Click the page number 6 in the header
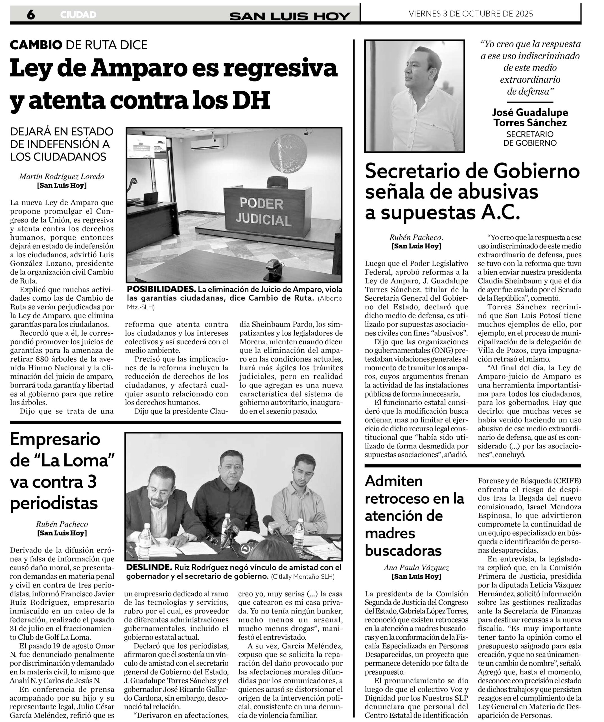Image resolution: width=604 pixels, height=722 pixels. [31, 14]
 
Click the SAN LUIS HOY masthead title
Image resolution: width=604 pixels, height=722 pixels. [290, 16]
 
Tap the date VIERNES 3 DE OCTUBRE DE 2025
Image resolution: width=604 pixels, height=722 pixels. [471, 14]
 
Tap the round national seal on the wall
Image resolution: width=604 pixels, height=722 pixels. [288, 153]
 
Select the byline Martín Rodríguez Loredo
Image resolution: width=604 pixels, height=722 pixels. [62, 177]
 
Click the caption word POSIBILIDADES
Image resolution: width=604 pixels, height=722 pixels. [161, 289]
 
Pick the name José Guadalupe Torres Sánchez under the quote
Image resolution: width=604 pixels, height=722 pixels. [530, 118]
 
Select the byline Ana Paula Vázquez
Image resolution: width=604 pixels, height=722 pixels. [416, 568]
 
